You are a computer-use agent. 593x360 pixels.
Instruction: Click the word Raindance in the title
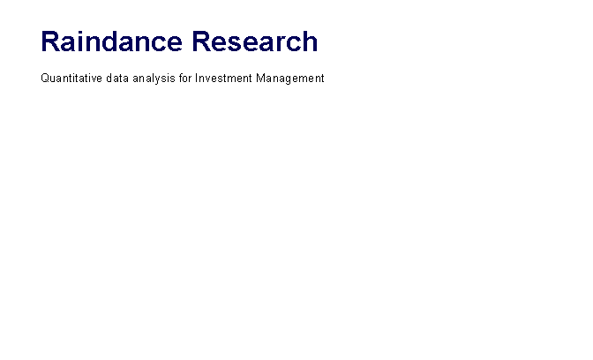coord(111,41)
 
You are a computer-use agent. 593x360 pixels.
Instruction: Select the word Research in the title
coord(255,41)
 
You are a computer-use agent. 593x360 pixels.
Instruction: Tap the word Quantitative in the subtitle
coord(71,79)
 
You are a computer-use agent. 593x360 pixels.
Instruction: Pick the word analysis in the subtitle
coord(154,79)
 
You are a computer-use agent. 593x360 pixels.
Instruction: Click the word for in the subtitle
coord(185,79)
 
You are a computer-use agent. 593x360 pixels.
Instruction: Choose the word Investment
coord(223,79)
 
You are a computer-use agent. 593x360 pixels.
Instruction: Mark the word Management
coord(290,79)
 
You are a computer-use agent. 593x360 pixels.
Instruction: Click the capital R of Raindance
coord(50,41)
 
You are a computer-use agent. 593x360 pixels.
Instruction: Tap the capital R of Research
coord(201,41)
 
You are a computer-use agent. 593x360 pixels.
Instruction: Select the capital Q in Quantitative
coord(45,79)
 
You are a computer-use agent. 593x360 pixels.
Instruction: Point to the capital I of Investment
coord(196,78)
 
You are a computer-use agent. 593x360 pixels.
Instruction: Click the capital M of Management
coord(260,78)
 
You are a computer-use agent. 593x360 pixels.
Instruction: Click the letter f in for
coord(181,78)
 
